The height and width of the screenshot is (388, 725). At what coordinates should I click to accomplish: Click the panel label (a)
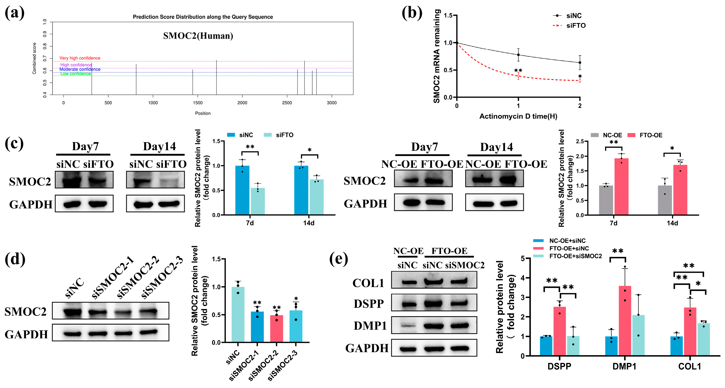pos(15,13)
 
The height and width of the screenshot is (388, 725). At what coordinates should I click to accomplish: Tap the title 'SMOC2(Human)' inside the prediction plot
pos(198,36)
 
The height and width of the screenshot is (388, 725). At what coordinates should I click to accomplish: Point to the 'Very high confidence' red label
pos(80,58)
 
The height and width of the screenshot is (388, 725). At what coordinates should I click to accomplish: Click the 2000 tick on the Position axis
pos(242,103)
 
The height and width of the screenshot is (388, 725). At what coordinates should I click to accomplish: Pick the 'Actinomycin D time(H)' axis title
pos(518,116)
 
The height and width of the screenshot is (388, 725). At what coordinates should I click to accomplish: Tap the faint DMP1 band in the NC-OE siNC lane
pos(408,326)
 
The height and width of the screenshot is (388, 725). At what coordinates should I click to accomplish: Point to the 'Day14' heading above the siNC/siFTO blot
pos(159,146)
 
